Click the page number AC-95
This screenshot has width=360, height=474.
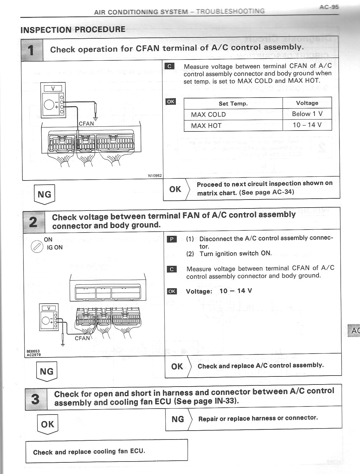(329, 7)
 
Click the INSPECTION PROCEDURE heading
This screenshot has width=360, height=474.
(73, 29)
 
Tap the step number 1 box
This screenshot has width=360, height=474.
(32, 50)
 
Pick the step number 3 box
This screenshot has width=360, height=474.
(36, 399)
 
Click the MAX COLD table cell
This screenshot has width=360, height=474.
(208, 114)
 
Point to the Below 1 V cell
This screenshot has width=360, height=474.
(307, 114)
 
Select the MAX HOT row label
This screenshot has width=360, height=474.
(206, 125)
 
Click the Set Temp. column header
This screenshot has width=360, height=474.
(233, 103)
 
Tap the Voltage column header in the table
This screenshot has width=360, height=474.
(307, 103)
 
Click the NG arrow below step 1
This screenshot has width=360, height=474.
(44, 194)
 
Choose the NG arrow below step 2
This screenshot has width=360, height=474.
(46, 371)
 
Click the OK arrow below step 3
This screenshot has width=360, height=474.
(48, 424)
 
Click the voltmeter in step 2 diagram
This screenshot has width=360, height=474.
(49, 317)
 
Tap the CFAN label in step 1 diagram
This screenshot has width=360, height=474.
(86, 123)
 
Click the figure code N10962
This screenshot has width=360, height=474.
(155, 176)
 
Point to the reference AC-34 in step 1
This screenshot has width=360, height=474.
(283, 192)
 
